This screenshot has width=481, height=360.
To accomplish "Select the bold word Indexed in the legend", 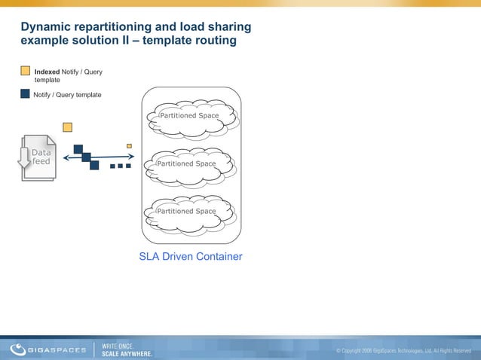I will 47,72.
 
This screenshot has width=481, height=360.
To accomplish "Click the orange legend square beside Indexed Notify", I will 26,72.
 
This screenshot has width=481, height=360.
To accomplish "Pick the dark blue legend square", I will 26,94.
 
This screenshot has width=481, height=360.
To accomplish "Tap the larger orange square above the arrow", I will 67,127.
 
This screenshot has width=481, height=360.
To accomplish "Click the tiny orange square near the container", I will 129,145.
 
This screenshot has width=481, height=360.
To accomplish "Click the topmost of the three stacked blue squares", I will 78,149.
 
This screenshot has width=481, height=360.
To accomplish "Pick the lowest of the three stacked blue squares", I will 94,165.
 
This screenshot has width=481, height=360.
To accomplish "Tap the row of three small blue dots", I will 120,165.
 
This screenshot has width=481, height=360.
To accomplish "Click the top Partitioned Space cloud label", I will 188,116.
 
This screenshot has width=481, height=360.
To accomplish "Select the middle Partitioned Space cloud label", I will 185,163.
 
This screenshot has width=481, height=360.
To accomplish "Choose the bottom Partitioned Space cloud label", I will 185,212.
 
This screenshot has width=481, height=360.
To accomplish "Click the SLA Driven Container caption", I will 191,257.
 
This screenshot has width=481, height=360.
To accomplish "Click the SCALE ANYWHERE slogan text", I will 127,353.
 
